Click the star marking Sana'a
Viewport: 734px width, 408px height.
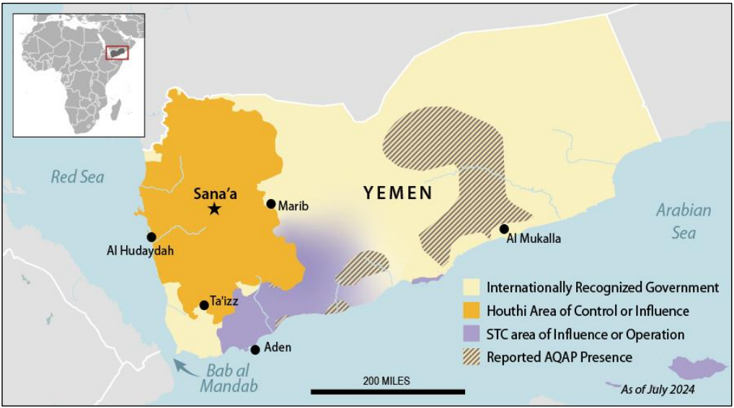(214, 209)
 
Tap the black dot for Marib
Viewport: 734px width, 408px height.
(271, 204)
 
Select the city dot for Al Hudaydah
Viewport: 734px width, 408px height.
(151, 236)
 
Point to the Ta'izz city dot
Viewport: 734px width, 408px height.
(204, 305)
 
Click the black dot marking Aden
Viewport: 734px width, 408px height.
(255, 350)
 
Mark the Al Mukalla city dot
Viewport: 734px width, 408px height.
(504, 229)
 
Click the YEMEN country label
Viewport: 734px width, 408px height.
(398, 192)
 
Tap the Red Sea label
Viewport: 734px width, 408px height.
(77, 177)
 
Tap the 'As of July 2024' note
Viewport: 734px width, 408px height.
(658, 390)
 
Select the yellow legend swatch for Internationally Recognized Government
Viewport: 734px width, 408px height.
(472, 288)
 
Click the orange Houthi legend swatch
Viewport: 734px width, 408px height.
(472, 311)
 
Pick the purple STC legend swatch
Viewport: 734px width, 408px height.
(472, 334)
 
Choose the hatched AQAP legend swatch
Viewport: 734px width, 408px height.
(472, 357)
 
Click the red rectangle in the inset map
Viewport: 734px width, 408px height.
(117, 52)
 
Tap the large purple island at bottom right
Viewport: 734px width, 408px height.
(697, 368)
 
